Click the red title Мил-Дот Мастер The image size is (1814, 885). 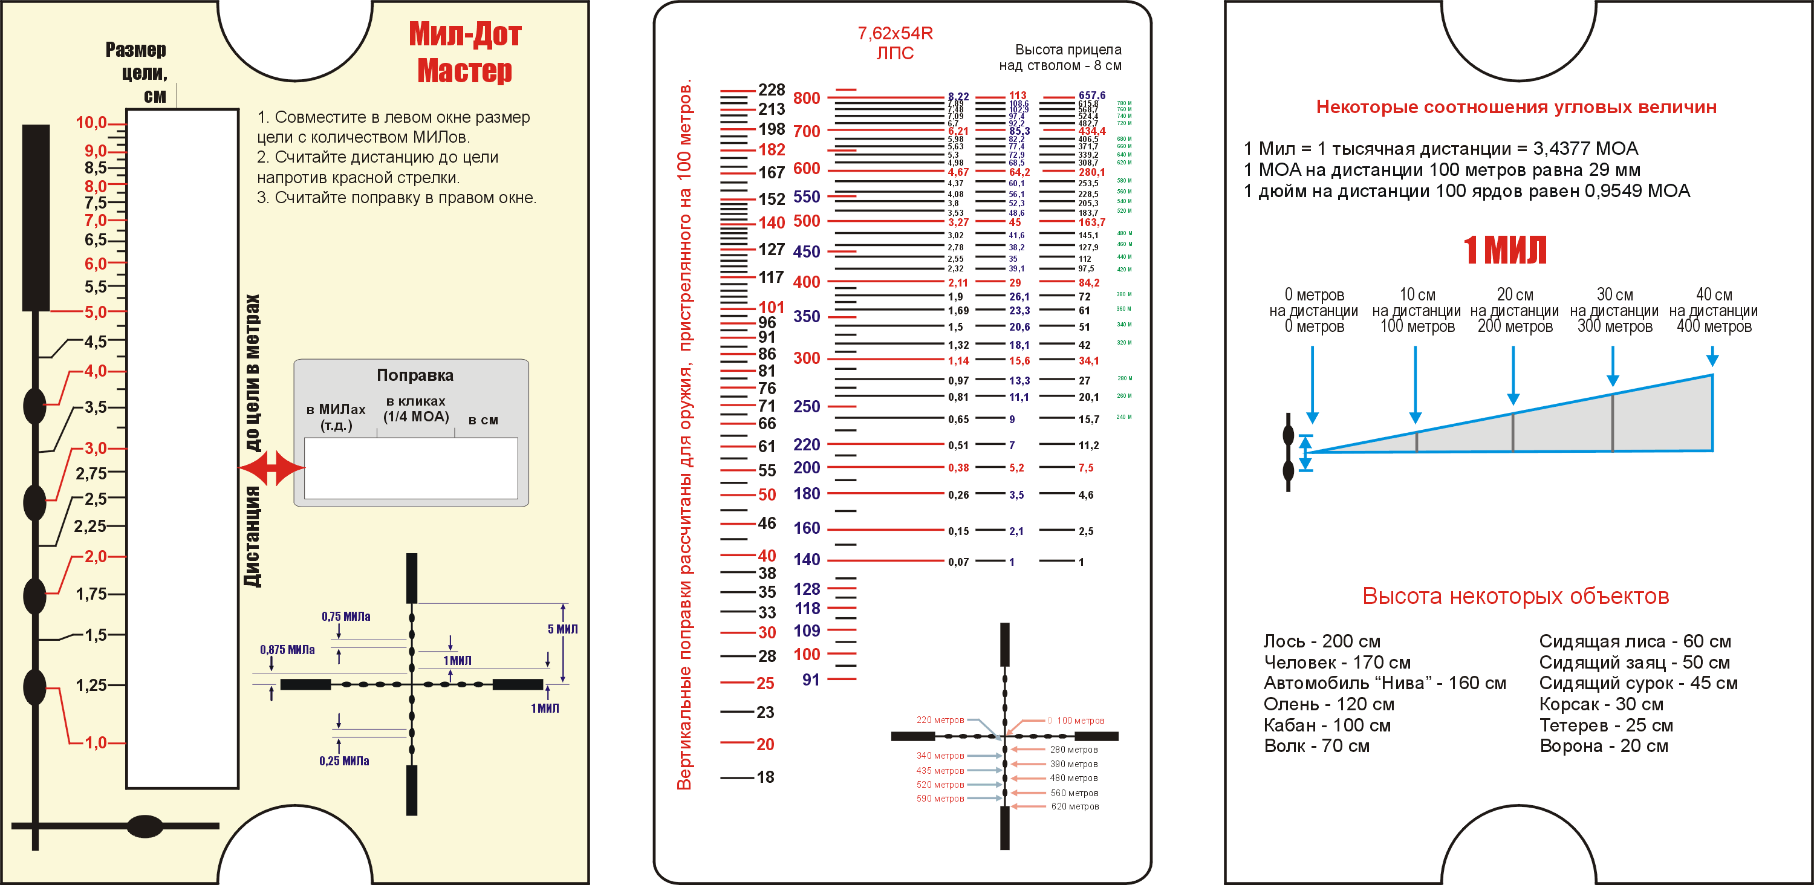(465, 52)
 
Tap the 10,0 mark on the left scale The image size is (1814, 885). (91, 123)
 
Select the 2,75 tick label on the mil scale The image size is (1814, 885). (91, 473)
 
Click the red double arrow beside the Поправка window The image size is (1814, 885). (272, 467)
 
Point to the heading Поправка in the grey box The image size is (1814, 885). (415, 375)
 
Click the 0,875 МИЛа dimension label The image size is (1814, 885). (287, 649)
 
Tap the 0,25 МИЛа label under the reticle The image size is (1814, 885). (343, 760)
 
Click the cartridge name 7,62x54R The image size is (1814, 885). (894, 33)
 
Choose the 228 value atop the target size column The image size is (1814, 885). (771, 89)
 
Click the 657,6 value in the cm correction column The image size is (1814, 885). (1091, 95)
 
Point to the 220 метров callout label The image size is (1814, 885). (940, 719)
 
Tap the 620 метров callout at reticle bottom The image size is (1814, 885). (1074, 806)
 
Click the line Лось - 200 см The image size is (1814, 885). (1322, 641)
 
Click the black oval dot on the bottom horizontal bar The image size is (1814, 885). (145, 826)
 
